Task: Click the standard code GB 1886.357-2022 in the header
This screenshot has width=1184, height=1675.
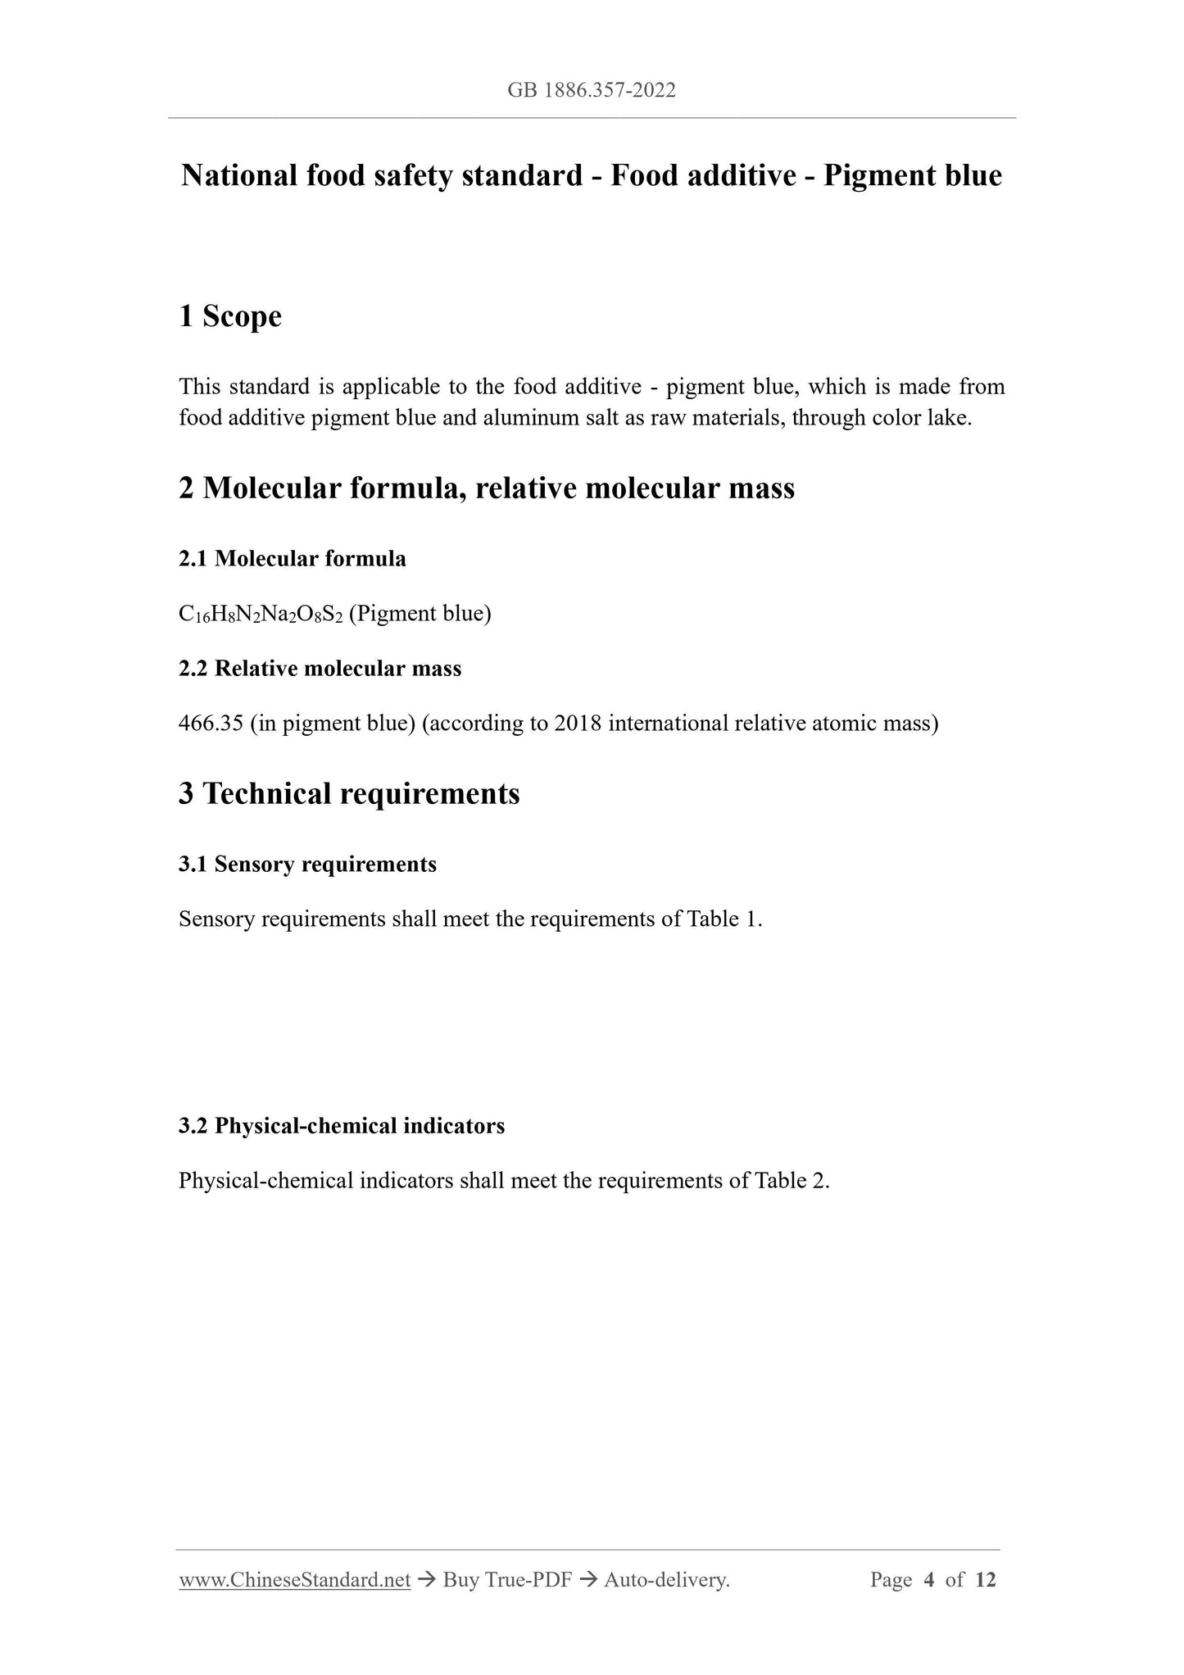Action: click(592, 91)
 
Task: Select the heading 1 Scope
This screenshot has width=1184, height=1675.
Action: click(230, 316)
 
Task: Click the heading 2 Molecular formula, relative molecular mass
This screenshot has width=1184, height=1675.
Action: click(487, 488)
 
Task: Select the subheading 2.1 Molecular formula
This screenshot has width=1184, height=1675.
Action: click(293, 559)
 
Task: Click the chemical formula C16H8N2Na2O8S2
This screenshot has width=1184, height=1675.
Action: click(261, 614)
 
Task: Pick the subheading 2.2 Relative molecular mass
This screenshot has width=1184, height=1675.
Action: click(320, 669)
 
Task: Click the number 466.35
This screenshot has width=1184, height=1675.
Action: click(211, 724)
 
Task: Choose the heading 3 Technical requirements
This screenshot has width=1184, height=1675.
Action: click(349, 794)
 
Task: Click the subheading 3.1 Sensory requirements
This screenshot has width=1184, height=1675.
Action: click(307, 865)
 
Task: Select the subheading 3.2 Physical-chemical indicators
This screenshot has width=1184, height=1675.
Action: click(342, 1126)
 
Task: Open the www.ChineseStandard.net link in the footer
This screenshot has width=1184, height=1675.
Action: click(294, 1580)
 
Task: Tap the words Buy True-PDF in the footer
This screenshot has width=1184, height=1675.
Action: click(506, 1580)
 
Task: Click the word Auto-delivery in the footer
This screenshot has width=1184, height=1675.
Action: click(665, 1580)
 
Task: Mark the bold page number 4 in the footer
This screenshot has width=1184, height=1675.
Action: click(928, 1580)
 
